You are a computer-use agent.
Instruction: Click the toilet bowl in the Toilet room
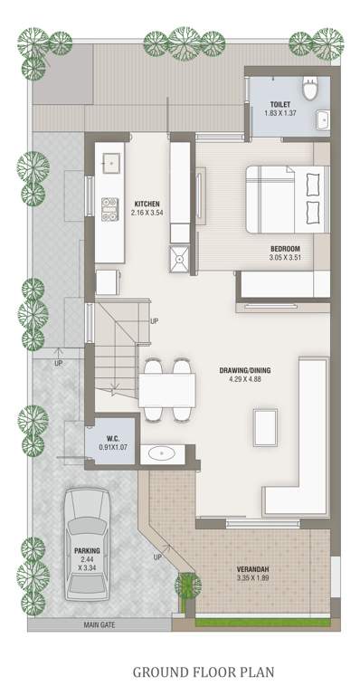[310, 89]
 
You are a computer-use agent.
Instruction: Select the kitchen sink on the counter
[112, 163]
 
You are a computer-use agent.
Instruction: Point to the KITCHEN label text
[147, 204]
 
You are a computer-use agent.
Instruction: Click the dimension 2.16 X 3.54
[147, 214]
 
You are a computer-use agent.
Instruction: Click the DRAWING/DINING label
[245, 371]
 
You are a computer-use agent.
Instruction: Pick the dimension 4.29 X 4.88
[245, 381]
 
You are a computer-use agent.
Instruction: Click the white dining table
[167, 390]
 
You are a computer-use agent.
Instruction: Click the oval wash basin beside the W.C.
[162, 453]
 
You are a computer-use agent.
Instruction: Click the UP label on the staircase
[155, 321]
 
